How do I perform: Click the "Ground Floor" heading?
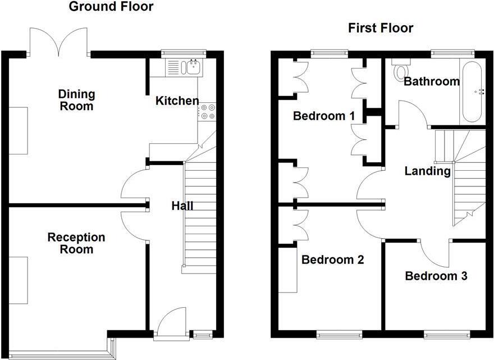tap(111, 7)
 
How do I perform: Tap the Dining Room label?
tap(77, 100)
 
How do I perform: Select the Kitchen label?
tap(177, 101)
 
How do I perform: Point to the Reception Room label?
tap(76, 243)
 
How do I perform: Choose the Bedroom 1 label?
tap(324, 116)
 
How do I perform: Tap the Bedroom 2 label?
tap(332, 260)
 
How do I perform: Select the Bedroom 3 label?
tap(436, 276)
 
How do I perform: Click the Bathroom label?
tap(432, 81)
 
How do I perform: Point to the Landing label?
tap(428, 171)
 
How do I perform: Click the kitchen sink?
tap(185, 68)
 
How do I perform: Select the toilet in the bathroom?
tap(401, 70)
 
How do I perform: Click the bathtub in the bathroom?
tap(472, 91)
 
